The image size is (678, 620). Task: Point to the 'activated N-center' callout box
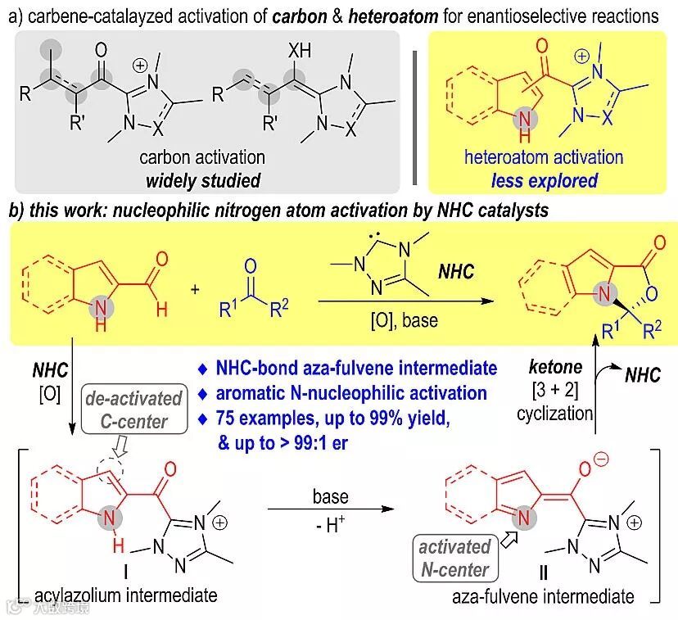pyautogui.click(x=454, y=558)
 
